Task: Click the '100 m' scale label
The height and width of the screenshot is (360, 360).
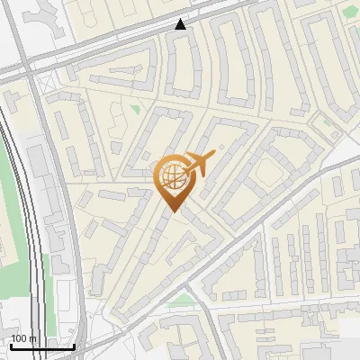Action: pos(23,339)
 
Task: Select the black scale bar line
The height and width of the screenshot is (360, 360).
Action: pos(42,346)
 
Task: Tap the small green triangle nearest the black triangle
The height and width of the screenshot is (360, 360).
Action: pos(135,109)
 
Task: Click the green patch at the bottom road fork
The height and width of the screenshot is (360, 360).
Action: pos(184,299)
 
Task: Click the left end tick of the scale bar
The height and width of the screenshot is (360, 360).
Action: pos(11,346)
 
